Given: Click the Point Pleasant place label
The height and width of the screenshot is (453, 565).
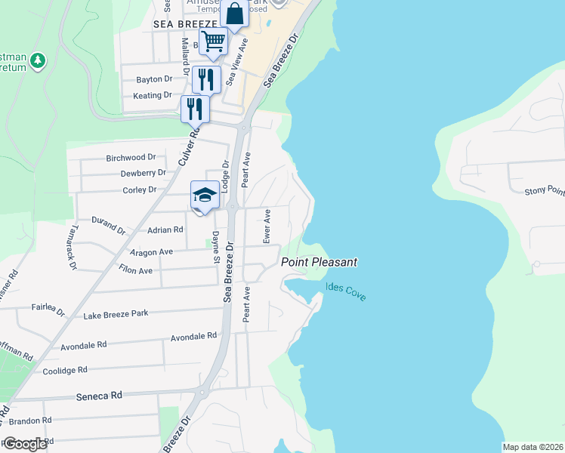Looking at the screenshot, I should (x=319, y=262).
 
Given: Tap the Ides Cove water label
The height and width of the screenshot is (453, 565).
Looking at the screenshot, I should (x=346, y=291).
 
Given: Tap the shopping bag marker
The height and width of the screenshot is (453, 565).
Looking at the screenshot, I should (x=235, y=14).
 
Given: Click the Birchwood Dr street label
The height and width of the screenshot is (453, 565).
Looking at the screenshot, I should (x=131, y=158).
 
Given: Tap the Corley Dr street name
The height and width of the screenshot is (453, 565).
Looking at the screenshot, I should (x=139, y=190).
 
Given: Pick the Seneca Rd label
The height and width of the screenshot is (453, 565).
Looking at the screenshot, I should (x=99, y=395).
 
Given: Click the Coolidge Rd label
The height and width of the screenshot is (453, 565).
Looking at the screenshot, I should (x=65, y=370).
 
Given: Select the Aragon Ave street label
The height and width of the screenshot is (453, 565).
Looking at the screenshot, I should (x=152, y=251).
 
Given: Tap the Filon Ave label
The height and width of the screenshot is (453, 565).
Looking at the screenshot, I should (x=135, y=270).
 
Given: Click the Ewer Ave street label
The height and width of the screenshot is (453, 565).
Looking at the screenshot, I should (x=267, y=226).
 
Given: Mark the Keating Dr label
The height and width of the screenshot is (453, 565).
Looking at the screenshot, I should (x=153, y=95).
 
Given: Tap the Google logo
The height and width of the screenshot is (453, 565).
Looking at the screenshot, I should (x=24, y=443).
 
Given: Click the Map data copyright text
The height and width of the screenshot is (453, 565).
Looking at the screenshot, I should (x=532, y=447).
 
